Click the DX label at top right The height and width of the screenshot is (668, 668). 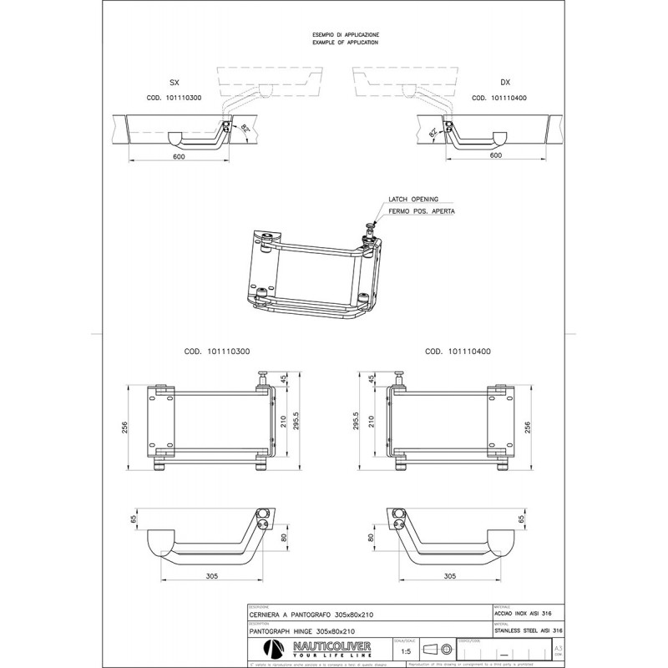pyautogui.click(x=504, y=84)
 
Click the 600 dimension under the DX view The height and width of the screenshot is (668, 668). pyautogui.click(x=495, y=155)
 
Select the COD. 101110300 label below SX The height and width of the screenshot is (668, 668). pyautogui.click(x=174, y=98)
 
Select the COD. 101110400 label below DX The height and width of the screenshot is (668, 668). pyautogui.click(x=504, y=98)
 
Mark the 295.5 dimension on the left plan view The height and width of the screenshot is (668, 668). pyautogui.click(x=296, y=424)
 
